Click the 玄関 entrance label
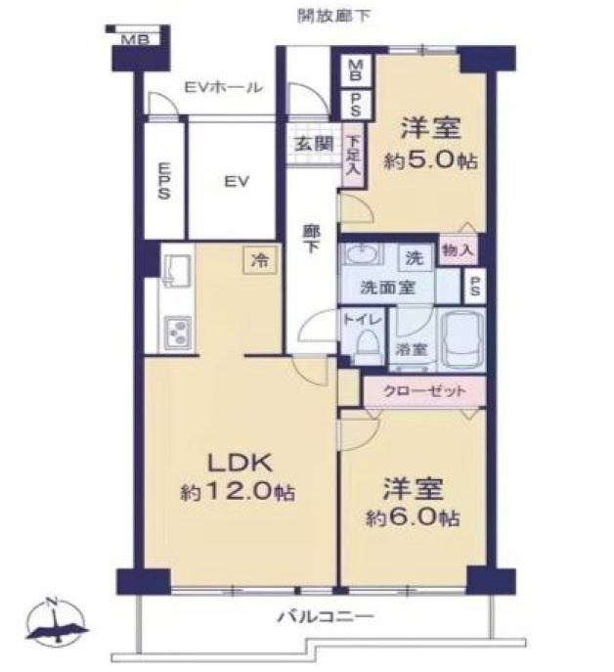(x=313, y=144)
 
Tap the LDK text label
(x=240, y=464)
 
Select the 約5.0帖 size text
(x=430, y=160)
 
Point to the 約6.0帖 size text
(x=413, y=518)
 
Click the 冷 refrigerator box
(x=260, y=259)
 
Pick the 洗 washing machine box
(x=415, y=257)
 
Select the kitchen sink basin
(x=176, y=270)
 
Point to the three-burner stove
(x=177, y=333)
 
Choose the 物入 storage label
(x=458, y=249)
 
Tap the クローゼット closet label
(x=424, y=391)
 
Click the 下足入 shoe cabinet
(x=354, y=155)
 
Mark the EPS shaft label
(x=163, y=180)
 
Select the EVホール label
(x=223, y=87)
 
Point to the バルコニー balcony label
(x=327, y=617)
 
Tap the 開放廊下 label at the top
(x=333, y=16)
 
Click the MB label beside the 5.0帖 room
(x=356, y=70)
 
